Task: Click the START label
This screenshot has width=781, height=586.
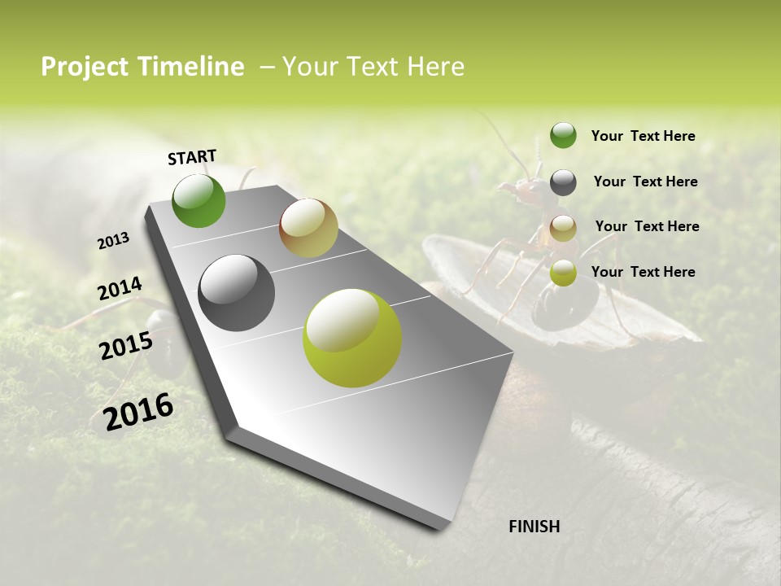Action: [192, 157]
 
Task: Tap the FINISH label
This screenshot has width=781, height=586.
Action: [534, 527]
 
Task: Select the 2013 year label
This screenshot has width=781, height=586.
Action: [114, 241]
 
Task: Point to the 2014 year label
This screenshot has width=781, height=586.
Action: [120, 289]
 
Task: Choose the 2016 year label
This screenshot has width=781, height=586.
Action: [138, 411]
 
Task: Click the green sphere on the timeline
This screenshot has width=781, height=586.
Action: [199, 201]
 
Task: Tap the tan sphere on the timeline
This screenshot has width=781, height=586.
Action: [308, 228]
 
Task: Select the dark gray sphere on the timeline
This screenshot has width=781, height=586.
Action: [236, 293]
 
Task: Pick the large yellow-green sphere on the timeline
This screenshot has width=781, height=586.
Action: [352, 338]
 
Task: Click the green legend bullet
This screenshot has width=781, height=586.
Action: [563, 135]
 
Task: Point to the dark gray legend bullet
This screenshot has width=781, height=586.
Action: [563, 182]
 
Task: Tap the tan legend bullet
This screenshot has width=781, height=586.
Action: [563, 228]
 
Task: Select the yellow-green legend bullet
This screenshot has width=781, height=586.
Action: [563, 273]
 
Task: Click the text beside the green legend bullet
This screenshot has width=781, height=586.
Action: [643, 136]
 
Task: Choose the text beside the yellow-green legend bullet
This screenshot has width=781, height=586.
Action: [643, 272]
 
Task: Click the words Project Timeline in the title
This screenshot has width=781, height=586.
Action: [142, 67]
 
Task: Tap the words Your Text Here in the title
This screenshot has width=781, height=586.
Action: [373, 67]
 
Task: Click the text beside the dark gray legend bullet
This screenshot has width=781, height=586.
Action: [645, 181]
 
